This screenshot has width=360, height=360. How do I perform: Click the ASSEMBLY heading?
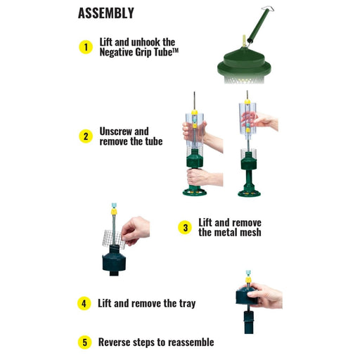click(x=106, y=13)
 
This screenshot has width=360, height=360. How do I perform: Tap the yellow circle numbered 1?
click(x=86, y=47)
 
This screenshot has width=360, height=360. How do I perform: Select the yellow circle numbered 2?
click(x=86, y=136)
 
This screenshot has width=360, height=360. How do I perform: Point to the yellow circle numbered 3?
click(x=185, y=228)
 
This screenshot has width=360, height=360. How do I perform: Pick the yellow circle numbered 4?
click(x=84, y=304)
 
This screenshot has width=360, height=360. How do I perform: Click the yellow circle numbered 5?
click(x=84, y=342)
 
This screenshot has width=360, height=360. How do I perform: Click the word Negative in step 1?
click(x=116, y=52)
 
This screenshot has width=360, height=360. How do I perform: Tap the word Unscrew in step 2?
click(x=115, y=131)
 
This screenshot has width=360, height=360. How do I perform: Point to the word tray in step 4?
click(x=188, y=304)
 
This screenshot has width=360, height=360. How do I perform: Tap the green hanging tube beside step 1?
click(x=259, y=25)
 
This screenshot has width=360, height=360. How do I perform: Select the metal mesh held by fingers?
click(x=112, y=238)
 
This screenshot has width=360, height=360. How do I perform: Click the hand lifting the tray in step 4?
click(x=265, y=295)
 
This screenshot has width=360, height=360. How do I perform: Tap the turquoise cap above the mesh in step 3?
click(x=114, y=205)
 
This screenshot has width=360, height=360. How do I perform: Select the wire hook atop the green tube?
click(x=268, y=9)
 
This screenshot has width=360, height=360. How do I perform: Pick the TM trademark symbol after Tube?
click(x=176, y=50)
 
